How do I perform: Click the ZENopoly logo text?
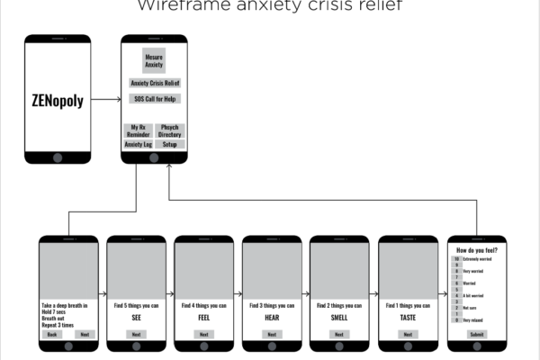[58, 100]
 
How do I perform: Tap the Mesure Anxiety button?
[154, 60]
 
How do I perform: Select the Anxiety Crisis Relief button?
[154, 83]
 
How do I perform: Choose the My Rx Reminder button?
[138, 130]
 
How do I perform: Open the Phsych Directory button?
[170, 130]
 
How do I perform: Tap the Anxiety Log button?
[138, 144]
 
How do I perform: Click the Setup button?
[170, 144]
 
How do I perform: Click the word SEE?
[136, 318]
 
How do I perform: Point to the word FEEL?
[203, 318]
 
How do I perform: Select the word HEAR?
[272, 318]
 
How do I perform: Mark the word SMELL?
[339, 318]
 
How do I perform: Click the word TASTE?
[408, 318]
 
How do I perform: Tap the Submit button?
[476, 334]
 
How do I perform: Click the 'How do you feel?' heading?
[476, 249]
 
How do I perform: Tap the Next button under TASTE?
[408, 334]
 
